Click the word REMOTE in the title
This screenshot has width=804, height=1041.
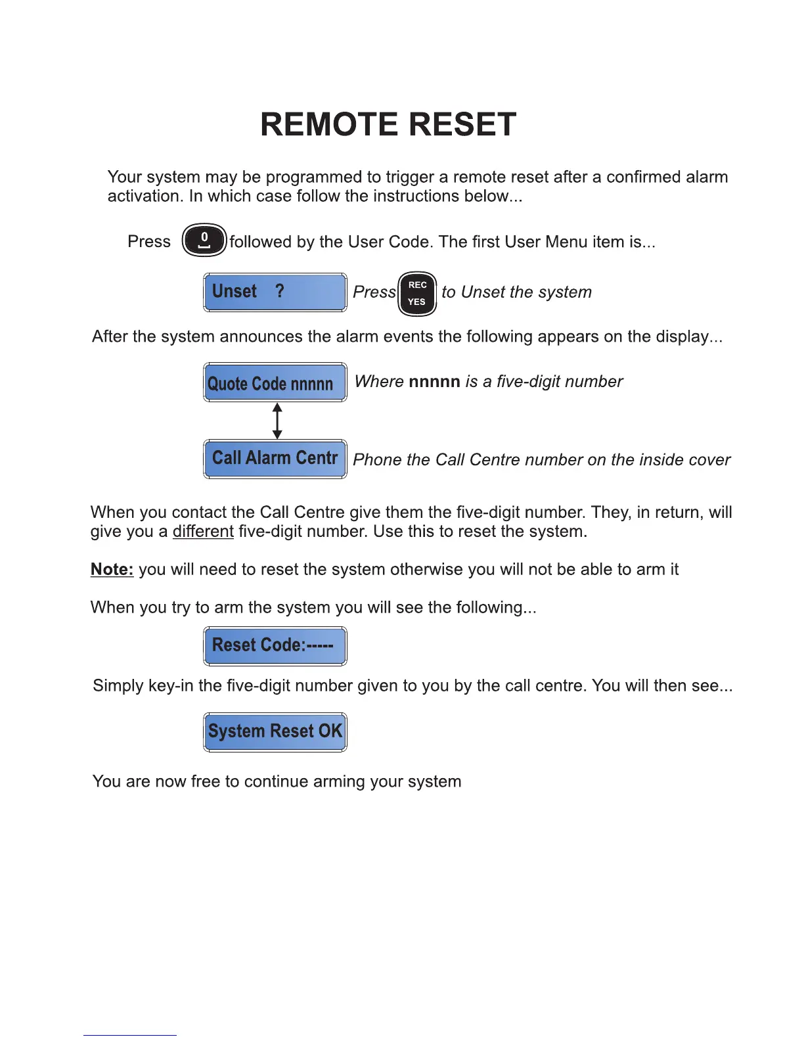click(x=329, y=124)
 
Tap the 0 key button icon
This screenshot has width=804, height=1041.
click(x=204, y=240)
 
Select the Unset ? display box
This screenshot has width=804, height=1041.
click(x=275, y=292)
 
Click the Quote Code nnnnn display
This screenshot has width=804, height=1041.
click(x=275, y=382)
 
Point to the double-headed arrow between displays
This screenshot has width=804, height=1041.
click(x=277, y=421)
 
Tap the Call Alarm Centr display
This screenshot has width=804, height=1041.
click(x=275, y=459)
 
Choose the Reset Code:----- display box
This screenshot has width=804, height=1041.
click(x=275, y=645)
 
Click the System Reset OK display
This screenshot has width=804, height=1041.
click(x=275, y=731)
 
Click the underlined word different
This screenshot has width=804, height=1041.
click(x=203, y=531)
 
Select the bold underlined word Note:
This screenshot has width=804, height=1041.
click(x=112, y=569)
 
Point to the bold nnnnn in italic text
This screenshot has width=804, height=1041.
click(x=434, y=381)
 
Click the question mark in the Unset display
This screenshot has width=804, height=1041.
click(x=280, y=291)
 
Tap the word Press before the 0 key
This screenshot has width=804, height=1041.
click(x=149, y=242)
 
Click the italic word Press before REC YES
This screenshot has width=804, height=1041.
click(x=374, y=292)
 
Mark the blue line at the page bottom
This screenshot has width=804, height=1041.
click(x=130, y=1035)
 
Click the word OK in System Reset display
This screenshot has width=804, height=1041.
click(x=330, y=731)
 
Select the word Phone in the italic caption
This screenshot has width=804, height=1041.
click(x=377, y=459)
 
